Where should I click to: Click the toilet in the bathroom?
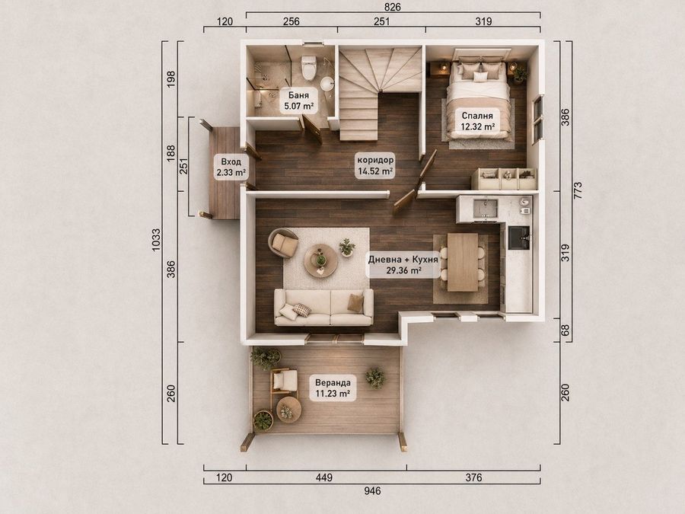309,67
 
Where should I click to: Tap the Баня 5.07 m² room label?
298,101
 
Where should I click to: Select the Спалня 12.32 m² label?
477,121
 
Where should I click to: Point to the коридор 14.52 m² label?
375,164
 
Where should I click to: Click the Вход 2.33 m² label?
231,167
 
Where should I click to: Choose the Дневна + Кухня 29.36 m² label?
403,265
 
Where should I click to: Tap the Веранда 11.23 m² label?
333,388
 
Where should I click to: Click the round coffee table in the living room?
320,260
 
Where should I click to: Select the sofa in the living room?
323,307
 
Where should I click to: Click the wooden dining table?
463,262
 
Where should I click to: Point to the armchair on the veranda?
284,382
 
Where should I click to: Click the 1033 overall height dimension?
156,240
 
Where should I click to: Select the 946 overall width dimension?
372,491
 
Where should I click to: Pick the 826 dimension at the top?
392,7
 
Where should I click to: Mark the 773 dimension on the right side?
578,190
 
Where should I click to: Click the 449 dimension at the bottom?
324,477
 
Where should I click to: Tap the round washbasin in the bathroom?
327,84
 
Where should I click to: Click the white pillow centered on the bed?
480,76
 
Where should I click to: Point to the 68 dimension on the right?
566,330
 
